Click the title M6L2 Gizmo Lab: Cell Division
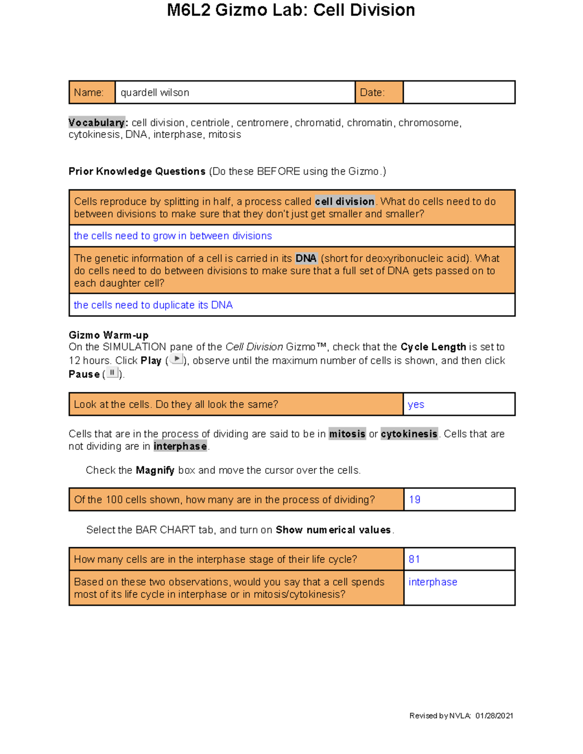coord(291,10)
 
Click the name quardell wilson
coord(154,93)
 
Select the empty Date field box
coord(459,92)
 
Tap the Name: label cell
coord(92,92)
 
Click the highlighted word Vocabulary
coord(97,123)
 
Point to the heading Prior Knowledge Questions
coord(137,171)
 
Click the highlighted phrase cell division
coord(344,201)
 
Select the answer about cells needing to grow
coord(172,236)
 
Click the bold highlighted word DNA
coord(306,258)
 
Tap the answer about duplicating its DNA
coord(153,305)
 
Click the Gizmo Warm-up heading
coord(108,335)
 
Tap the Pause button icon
coord(112,373)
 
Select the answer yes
coord(416,404)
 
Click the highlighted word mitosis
coord(347,434)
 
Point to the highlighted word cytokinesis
coord(409,434)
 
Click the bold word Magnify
coord(155,470)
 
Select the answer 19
coord(414,500)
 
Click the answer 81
coord(414,559)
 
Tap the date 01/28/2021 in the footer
coord(494,716)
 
